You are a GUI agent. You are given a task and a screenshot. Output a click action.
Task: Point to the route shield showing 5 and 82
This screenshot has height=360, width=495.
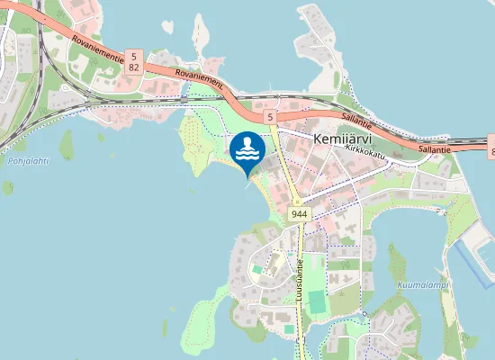pyautogui.click(x=134, y=61)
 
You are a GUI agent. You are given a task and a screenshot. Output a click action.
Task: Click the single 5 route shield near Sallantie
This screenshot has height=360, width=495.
pyautogui.click(x=269, y=117)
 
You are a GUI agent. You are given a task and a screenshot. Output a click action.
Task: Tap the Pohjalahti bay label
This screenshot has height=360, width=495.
pyautogui.click(x=28, y=161)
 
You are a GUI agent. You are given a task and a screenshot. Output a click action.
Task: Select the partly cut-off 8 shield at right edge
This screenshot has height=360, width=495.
pyautogui.click(x=491, y=147)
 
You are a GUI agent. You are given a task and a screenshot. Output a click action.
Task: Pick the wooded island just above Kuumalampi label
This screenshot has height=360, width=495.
pyautogui.click(x=396, y=262)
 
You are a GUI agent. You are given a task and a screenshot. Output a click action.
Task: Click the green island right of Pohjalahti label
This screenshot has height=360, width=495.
pyautogui.click(x=66, y=142)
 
